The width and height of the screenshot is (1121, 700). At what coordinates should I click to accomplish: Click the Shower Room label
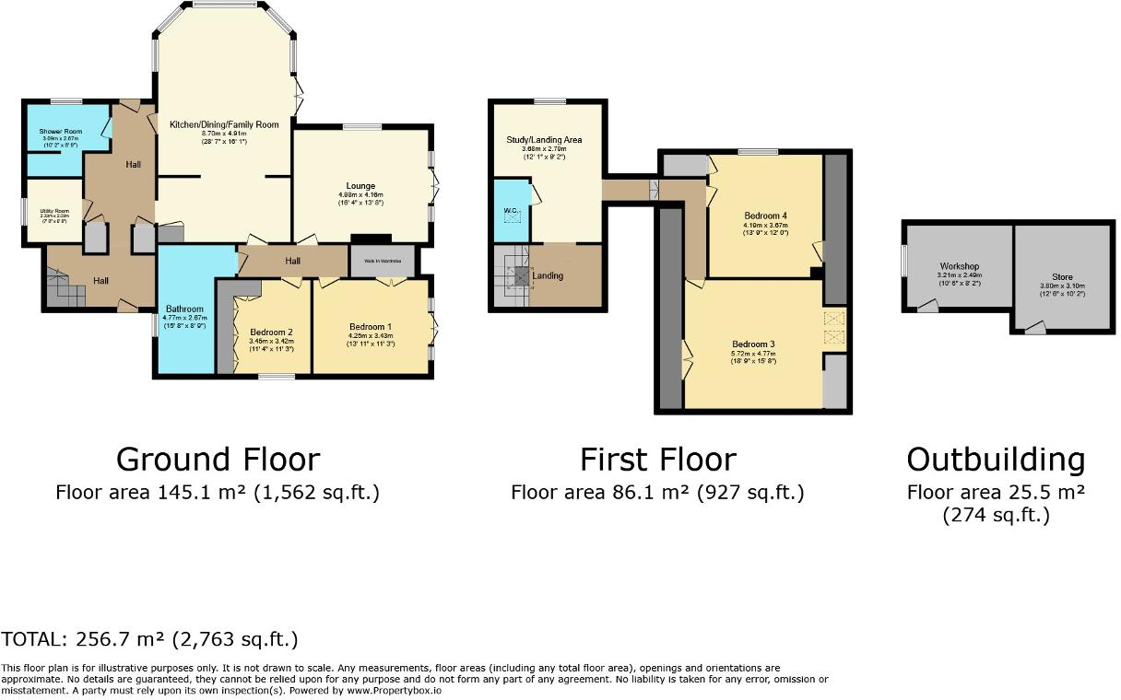pyautogui.click(x=60, y=132)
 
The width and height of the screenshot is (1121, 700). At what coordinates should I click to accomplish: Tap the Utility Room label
pyautogui.click(x=54, y=211)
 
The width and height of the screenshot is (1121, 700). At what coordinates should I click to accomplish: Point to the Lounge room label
pyautogui.click(x=360, y=186)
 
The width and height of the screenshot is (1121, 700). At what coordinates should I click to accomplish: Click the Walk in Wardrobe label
pyautogui.click(x=383, y=261)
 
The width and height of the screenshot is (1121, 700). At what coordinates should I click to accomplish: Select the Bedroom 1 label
pyautogui.click(x=371, y=327)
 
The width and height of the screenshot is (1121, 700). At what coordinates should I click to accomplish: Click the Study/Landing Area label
pyautogui.click(x=544, y=140)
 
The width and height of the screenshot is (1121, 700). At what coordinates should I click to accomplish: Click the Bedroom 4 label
pyautogui.click(x=765, y=216)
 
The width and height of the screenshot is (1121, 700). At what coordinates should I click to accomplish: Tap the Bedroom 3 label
pyautogui.click(x=753, y=344)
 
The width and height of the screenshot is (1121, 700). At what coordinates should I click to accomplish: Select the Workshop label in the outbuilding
pyautogui.click(x=960, y=266)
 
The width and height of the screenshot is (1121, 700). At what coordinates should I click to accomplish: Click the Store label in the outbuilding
pyautogui.click(x=1062, y=276)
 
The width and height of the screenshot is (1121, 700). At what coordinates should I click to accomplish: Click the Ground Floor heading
pyautogui.click(x=218, y=460)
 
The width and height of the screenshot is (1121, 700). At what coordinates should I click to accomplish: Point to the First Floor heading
pyautogui.click(x=657, y=460)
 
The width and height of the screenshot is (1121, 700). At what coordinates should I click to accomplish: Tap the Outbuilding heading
pyautogui.click(x=996, y=460)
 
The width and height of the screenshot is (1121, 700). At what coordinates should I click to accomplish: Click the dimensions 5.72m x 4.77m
pyautogui.click(x=753, y=353)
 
